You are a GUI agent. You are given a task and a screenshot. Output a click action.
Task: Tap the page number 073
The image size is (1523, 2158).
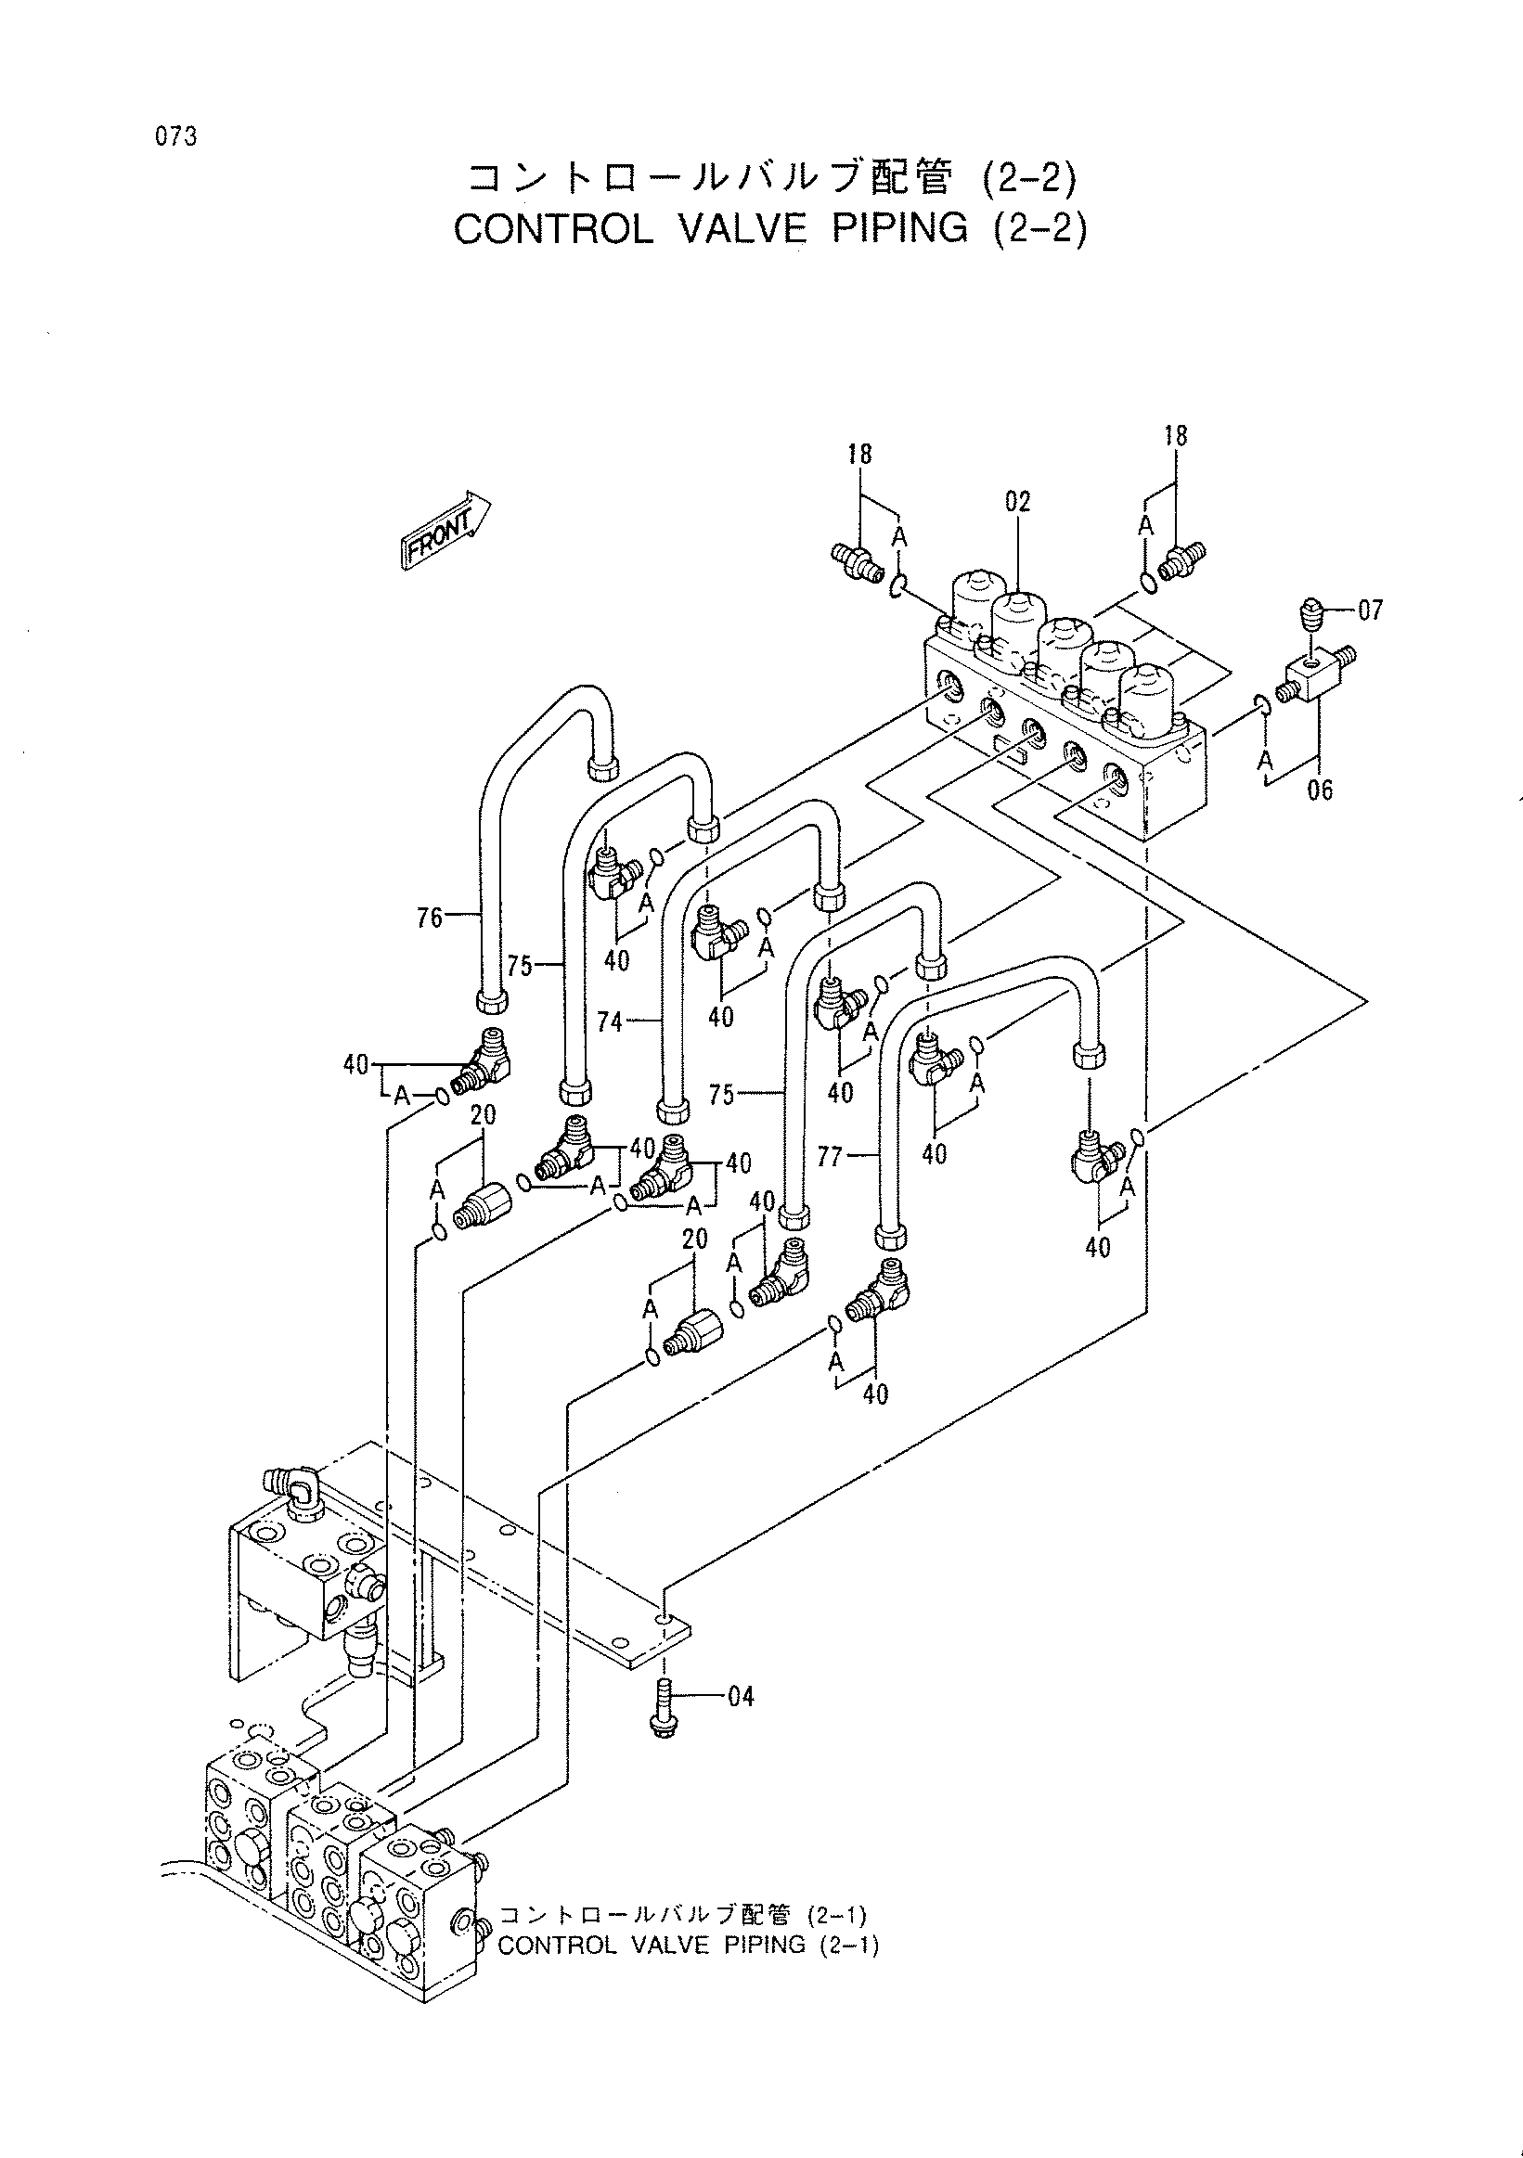click(x=176, y=137)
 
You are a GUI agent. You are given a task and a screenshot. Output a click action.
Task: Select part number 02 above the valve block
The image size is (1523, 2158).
click(x=1017, y=501)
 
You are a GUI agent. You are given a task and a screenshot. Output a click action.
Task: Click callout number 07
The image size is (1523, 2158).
click(x=1371, y=610)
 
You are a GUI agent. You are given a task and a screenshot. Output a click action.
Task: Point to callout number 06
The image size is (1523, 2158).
click(x=1320, y=790)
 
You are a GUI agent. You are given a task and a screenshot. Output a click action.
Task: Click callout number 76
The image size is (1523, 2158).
click(x=430, y=918)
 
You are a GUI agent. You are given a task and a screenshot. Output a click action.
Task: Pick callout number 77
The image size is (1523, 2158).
click(x=830, y=1156)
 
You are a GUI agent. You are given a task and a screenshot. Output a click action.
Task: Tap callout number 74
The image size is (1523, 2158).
click(x=610, y=1021)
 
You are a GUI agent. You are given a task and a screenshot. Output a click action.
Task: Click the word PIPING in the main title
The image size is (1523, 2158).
click(x=899, y=228)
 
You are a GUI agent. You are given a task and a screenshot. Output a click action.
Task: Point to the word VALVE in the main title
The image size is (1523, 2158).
click(x=742, y=228)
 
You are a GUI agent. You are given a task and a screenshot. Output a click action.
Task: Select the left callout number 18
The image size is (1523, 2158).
click(x=859, y=454)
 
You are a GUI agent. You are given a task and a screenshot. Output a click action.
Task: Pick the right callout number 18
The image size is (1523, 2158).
click(x=1175, y=435)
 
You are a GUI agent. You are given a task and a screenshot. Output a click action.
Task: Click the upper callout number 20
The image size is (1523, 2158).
click(x=484, y=1114)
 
